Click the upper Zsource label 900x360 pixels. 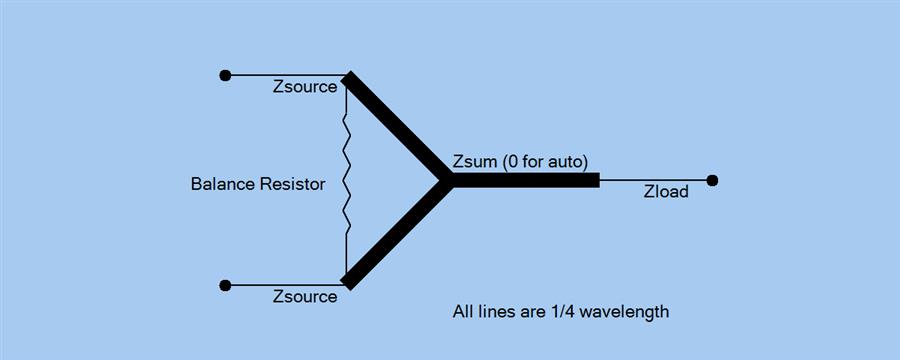pos(305,87)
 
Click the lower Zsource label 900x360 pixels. pos(305,297)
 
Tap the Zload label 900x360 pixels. pos(666,192)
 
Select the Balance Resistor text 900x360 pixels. pos(258,184)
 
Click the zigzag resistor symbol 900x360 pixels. pos(347,180)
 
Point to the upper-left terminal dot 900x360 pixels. pos(225,75)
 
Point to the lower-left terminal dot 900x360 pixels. pos(225,285)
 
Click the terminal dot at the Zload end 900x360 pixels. pos(712,181)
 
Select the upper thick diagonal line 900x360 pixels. pos(396,127)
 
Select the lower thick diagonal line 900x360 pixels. pos(396,234)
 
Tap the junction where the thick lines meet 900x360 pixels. pos(446,181)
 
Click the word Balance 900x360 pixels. pos(223,184)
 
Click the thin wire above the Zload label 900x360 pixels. pos(654,181)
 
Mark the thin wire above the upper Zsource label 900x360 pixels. pos(285,75)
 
